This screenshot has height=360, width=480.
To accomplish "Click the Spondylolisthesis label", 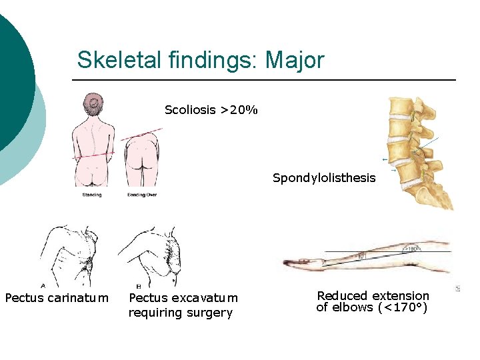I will coord(324,178).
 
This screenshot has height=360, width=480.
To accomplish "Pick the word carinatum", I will coord(78,297).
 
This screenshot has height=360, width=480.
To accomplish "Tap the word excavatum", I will coord(205,298).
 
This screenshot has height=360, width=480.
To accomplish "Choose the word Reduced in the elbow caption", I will coord(342,295).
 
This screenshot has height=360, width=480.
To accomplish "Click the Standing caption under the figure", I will coord(92,195).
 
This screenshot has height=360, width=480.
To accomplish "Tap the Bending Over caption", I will coord(141,195).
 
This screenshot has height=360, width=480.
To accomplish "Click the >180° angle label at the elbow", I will coord(411,248).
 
